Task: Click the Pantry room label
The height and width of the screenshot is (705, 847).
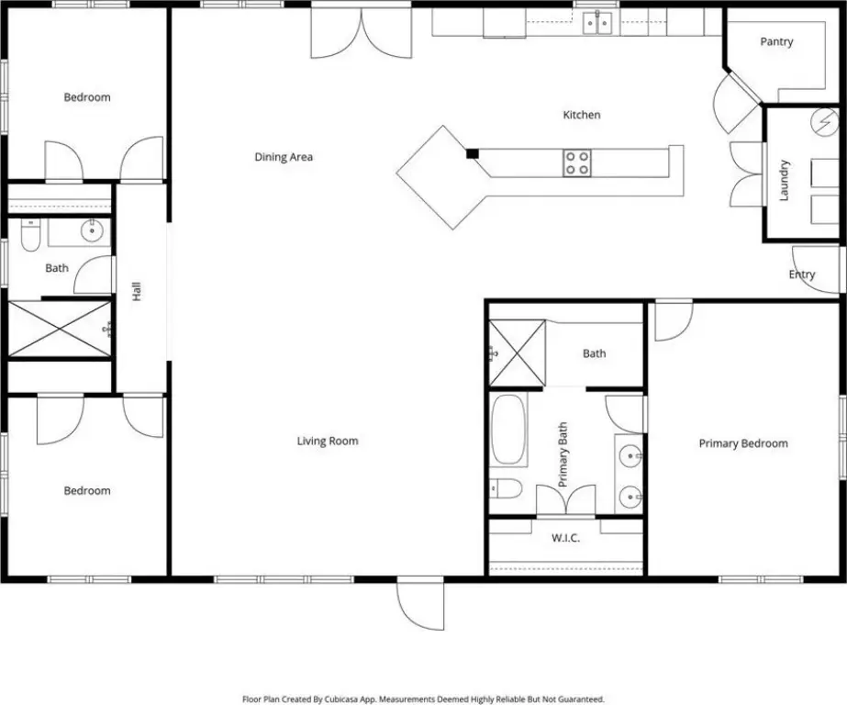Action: coord(776,41)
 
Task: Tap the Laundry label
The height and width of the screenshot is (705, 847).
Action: coord(784,180)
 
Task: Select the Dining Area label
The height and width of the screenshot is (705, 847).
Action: coord(284,157)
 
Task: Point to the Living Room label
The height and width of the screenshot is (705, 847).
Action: coord(328,441)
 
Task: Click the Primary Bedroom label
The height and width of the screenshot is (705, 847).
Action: coord(743,443)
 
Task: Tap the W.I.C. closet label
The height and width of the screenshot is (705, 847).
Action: coord(565,538)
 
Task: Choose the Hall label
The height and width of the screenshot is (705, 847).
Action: coord(136,291)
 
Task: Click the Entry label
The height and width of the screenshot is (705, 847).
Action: coord(802,274)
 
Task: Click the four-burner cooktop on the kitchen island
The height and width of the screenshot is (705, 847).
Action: coord(577,163)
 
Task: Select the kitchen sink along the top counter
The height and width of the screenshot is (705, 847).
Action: coord(597,23)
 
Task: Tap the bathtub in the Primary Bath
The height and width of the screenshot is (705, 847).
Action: coord(509,430)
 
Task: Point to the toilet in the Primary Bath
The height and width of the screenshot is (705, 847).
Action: coord(506,489)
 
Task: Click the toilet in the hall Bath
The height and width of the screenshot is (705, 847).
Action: coord(31,235)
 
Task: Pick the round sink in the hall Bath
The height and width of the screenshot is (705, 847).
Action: coord(92,231)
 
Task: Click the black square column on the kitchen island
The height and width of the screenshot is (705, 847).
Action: coord(473,153)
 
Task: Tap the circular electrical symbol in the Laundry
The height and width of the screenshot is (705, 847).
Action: coord(824,120)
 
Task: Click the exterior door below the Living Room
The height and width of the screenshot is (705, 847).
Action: coord(420,603)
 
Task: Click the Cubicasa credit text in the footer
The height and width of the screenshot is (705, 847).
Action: coord(424,699)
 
